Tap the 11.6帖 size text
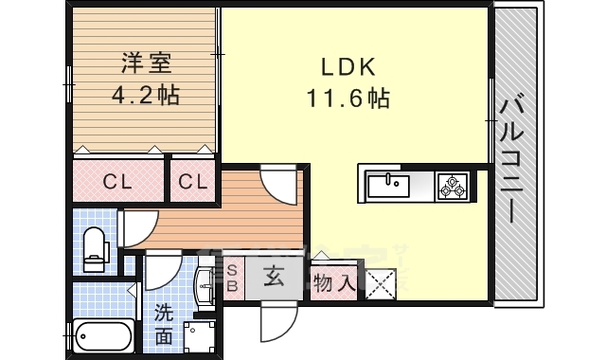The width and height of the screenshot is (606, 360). (x=348, y=97)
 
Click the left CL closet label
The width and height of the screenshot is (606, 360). (x=119, y=181)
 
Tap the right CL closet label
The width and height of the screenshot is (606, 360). (x=193, y=181)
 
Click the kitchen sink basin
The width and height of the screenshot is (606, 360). (x=387, y=184)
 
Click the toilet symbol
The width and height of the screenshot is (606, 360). (x=95, y=248)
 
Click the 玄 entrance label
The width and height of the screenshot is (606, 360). (x=274, y=279)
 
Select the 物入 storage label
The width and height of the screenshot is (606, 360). (x=333, y=281)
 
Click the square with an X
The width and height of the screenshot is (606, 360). (x=381, y=282)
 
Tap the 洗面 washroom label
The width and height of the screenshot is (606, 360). (x=164, y=323)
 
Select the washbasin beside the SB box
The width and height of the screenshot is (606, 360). (x=206, y=281)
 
